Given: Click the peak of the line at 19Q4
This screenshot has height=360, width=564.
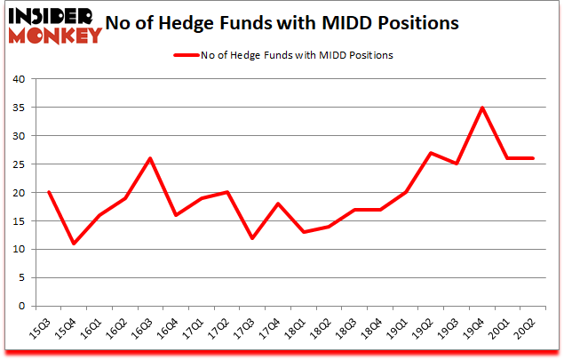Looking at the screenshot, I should pyautogui.click(x=481, y=108).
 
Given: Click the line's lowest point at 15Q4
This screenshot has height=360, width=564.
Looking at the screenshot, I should pyautogui.click(x=74, y=244).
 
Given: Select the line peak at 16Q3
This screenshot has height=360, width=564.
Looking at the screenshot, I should pyautogui.click(x=150, y=158).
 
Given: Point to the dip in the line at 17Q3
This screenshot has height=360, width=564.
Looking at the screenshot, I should pyautogui.click(x=252, y=238).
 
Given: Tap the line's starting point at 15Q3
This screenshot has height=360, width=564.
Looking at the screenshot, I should pyautogui.click(x=48, y=192).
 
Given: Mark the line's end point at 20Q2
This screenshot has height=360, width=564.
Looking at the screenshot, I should pyautogui.click(x=533, y=158).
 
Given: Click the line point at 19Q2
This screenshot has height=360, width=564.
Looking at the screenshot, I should pyautogui.click(x=431, y=153).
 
